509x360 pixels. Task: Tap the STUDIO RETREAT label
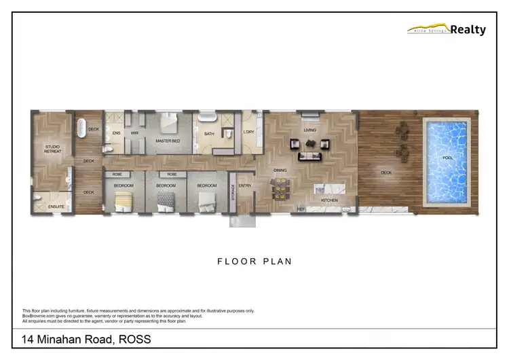(53, 149)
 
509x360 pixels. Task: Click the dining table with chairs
(278, 188)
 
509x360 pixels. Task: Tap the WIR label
(134, 133)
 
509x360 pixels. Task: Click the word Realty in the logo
(468, 30)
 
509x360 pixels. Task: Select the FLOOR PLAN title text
(254, 261)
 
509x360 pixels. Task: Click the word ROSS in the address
(134, 340)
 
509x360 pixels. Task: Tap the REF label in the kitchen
(301, 209)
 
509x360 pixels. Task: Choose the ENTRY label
(245, 185)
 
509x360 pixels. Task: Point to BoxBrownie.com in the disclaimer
(39, 316)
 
